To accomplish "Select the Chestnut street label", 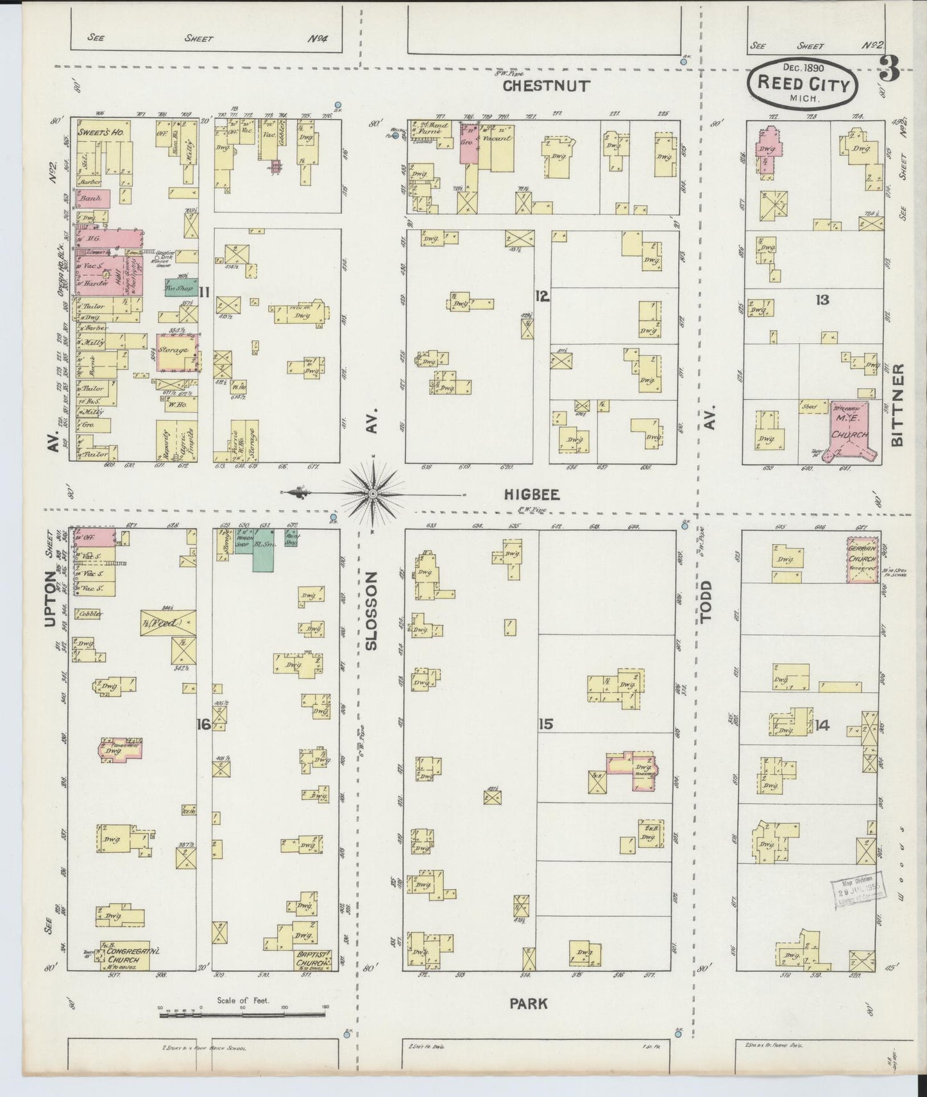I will click(x=546, y=86).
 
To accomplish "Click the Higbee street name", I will click(x=531, y=494).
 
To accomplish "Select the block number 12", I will click(x=542, y=296).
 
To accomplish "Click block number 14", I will click(x=822, y=726).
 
